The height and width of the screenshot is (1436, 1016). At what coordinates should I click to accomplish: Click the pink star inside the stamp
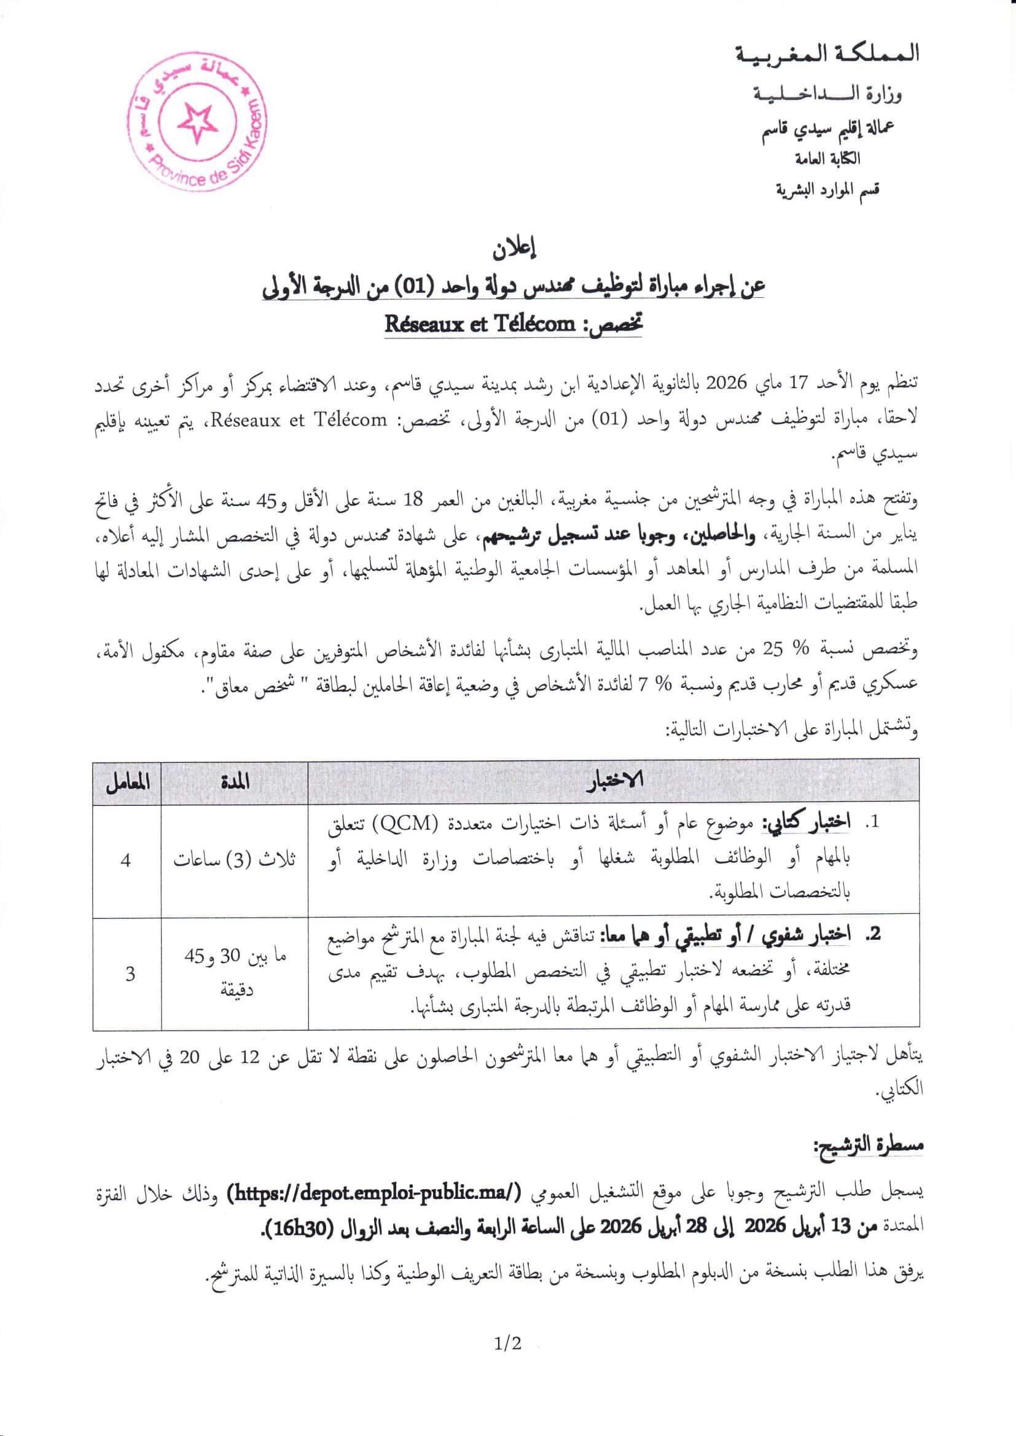[198, 121]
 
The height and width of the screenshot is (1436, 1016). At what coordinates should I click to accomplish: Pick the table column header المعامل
[127, 782]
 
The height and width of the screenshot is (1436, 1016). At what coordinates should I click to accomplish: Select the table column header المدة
[235, 782]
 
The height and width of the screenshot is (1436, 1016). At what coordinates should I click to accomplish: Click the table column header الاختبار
[614, 782]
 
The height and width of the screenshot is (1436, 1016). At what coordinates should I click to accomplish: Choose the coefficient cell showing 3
[130, 974]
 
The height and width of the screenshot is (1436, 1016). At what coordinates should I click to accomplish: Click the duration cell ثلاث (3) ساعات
[235, 860]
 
